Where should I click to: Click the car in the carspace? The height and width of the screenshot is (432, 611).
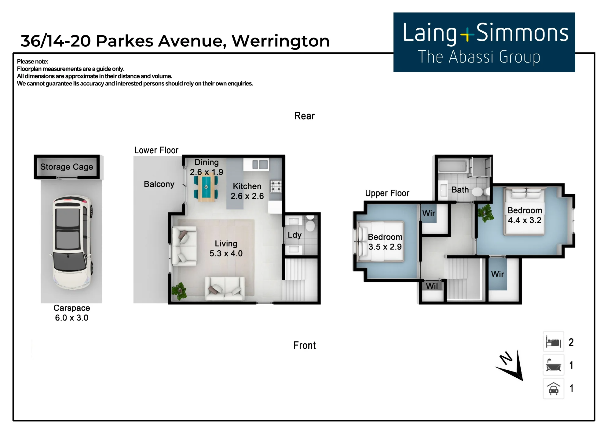tap(72, 242)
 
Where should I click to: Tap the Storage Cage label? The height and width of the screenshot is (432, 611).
tap(67, 167)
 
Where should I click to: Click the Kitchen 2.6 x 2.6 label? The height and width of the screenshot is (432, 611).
tap(247, 191)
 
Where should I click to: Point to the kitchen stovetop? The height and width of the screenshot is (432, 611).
tap(276, 186)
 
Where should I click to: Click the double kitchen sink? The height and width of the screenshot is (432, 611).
tap(260, 165)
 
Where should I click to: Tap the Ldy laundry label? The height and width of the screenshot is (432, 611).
tap(295, 235)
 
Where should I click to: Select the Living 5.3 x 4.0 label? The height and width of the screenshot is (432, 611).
tap(226, 249)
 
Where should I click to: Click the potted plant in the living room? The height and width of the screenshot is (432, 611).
tap(179, 291)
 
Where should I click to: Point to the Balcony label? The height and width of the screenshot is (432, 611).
tap(159, 184)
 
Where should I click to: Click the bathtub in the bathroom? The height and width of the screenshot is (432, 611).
tap(453, 166)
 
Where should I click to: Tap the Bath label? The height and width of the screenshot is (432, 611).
tap(460, 190)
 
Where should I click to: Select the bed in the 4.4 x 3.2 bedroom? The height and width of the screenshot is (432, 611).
tap(525, 211)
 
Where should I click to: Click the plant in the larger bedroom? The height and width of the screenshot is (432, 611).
tap(486, 213)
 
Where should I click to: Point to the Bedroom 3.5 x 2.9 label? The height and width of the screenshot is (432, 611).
tap(385, 242)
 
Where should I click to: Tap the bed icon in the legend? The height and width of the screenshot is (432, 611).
tap(553, 342)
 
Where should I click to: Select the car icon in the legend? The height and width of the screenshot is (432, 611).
tap(554, 389)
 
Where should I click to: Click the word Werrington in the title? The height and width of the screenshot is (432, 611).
tap(281, 41)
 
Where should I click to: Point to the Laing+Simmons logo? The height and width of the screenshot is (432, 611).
tap(484, 42)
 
